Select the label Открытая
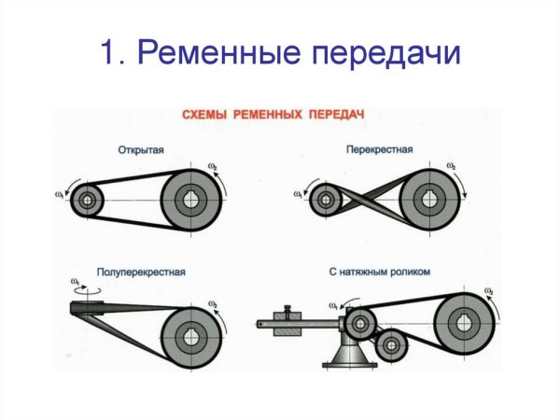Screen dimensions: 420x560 (x=142, y=149)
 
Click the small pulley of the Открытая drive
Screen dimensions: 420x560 (x=88, y=199)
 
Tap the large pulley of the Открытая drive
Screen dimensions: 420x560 (x=192, y=199)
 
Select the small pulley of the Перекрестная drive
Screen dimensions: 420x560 (x=328, y=199)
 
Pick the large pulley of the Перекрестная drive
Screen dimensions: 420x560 (x=432, y=198)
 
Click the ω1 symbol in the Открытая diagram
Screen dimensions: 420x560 (x=61, y=194)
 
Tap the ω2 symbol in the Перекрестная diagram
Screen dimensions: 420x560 (x=452, y=165)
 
